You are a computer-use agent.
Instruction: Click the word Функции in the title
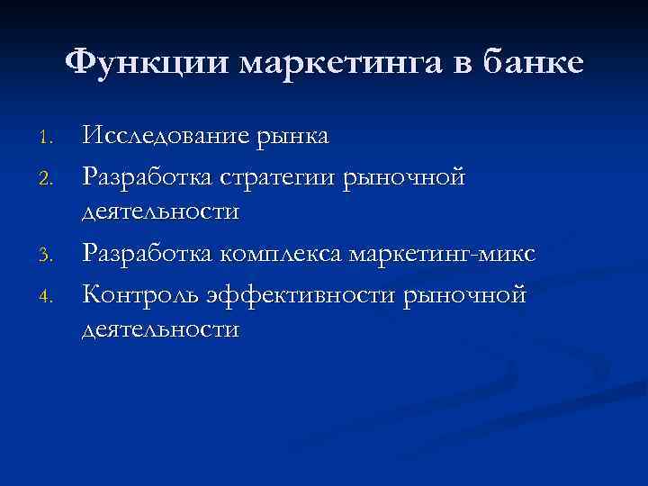[148, 62]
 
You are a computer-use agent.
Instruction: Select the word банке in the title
[535, 62]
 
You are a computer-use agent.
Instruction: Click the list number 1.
[50, 139]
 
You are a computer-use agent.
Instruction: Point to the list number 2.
[50, 177]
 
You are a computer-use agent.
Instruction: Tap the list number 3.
[50, 255]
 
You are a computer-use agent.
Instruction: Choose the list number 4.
[50, 293]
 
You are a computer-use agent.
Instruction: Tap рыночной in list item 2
[404, 175]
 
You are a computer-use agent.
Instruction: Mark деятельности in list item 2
[160, 213]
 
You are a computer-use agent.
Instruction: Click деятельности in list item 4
[160, 329]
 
